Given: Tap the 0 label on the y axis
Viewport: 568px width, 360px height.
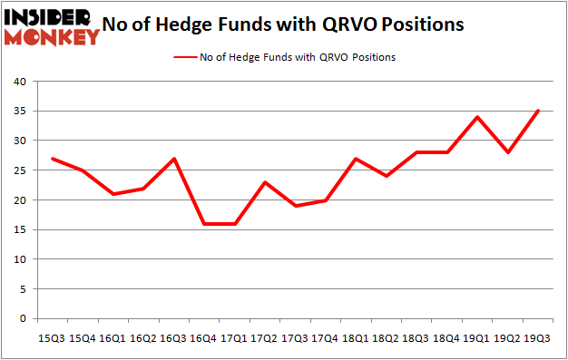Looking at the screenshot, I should click(x=24, y=318).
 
